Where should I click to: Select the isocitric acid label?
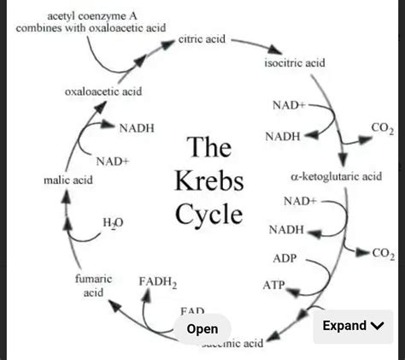pyautogui.click(x=295, y=63)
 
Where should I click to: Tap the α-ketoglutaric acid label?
pyautogui.click(x=336, y=176)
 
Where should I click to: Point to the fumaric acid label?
pyautogui.click(x=93, y=286)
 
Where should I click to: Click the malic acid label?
pyautogui.click(x=67, y=180)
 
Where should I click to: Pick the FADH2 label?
pyautogui.click(x=157, y=281)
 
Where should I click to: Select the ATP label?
pyautogui.click(x=273, y=284)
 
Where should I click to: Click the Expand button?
pyautogui.click(x=353, y=326)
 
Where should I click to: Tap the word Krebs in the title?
pyautogui.click(x=209, y=181)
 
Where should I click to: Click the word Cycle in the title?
pyautogui.click(x=209, y=214)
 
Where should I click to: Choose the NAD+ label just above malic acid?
pyautogui.click(x=112, y=161)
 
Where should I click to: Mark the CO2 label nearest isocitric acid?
pyautogui.click(x=382, y=129)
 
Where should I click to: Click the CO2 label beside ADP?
pyautogui.click(x=384, y=254)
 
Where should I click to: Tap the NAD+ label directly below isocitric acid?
pyautogui.click(x=289, y=105)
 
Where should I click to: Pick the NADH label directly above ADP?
pyautogui.click(x=285, y=230)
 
